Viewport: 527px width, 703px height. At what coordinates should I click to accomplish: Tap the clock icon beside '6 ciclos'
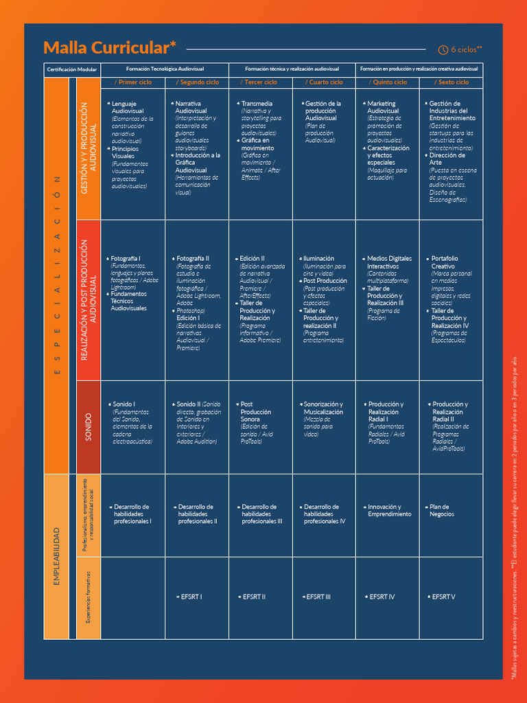443,49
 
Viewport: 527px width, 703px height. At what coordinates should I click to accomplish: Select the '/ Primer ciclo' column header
133,82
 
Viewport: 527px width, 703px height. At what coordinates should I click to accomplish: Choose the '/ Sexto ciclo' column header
453,82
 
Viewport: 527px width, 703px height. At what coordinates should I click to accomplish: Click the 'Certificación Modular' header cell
72,70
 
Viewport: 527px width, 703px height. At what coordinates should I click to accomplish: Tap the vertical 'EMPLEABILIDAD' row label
56,556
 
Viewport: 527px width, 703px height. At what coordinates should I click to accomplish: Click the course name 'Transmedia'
257,104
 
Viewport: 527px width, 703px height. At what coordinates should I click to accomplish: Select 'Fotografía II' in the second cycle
193,259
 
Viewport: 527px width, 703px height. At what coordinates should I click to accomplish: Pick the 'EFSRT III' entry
318,597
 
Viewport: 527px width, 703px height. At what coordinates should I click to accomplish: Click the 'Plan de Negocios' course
442,510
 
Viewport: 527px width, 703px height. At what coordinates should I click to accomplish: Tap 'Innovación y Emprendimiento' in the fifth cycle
390,510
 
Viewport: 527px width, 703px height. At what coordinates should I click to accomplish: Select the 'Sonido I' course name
124,404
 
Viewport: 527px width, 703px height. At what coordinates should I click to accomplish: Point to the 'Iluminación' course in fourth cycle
319,259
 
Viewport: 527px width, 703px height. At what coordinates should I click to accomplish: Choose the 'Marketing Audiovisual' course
382,107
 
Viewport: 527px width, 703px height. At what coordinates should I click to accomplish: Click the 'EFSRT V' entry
443,597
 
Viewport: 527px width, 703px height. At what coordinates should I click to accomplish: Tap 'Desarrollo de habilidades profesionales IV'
325,514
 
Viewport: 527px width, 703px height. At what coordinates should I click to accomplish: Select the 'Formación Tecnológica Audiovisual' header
165,69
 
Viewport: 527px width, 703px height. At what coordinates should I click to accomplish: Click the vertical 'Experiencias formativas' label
88,597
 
